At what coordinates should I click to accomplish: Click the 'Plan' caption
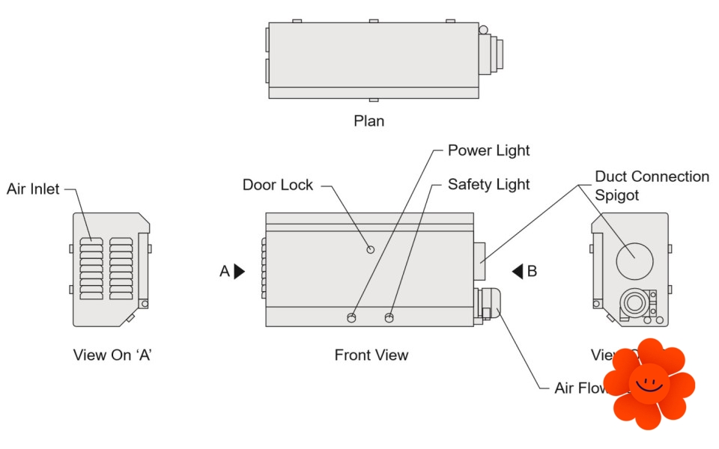369,120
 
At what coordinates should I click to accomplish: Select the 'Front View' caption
371,355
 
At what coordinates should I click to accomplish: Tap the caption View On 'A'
112,355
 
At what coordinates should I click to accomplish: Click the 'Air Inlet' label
32,189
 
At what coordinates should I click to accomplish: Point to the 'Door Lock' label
278,185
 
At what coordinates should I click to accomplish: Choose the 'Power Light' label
488,150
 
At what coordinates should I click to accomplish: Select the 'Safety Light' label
488,184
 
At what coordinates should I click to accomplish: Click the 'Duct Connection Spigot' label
652,186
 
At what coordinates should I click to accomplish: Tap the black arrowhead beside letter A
239,272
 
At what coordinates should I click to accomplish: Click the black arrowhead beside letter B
517,272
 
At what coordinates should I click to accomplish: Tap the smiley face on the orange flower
649,382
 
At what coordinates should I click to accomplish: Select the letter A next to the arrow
225,272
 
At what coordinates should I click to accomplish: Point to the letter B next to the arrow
532,272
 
